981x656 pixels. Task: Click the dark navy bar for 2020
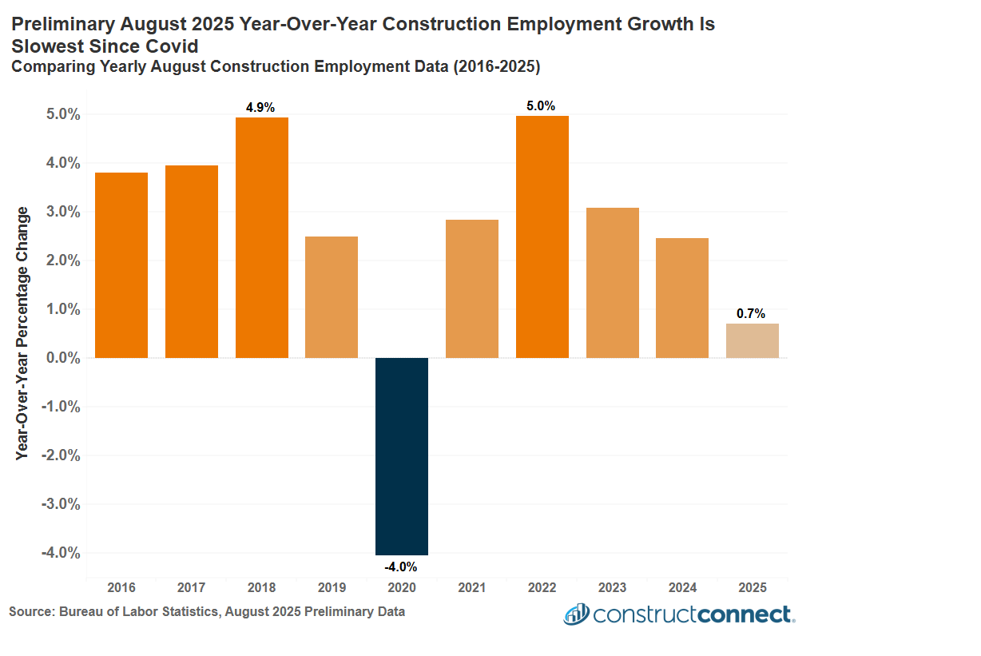[402, 455]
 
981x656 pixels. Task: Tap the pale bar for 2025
[752, 340]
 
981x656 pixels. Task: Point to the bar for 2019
[332, 296]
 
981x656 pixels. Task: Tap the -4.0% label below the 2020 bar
[401, 567]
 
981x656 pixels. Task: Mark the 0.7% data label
[751, 314]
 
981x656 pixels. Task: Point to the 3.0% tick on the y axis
[61, 212]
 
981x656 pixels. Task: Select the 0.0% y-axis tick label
[61, 358]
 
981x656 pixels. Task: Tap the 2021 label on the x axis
[472, 587]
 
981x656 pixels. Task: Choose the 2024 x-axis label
[682, 587]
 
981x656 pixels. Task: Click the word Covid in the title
[169, 46]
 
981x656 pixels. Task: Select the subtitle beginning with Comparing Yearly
[276, 67]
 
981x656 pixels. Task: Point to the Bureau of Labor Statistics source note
[207, 611]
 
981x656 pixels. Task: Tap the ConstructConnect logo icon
[576, 614]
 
